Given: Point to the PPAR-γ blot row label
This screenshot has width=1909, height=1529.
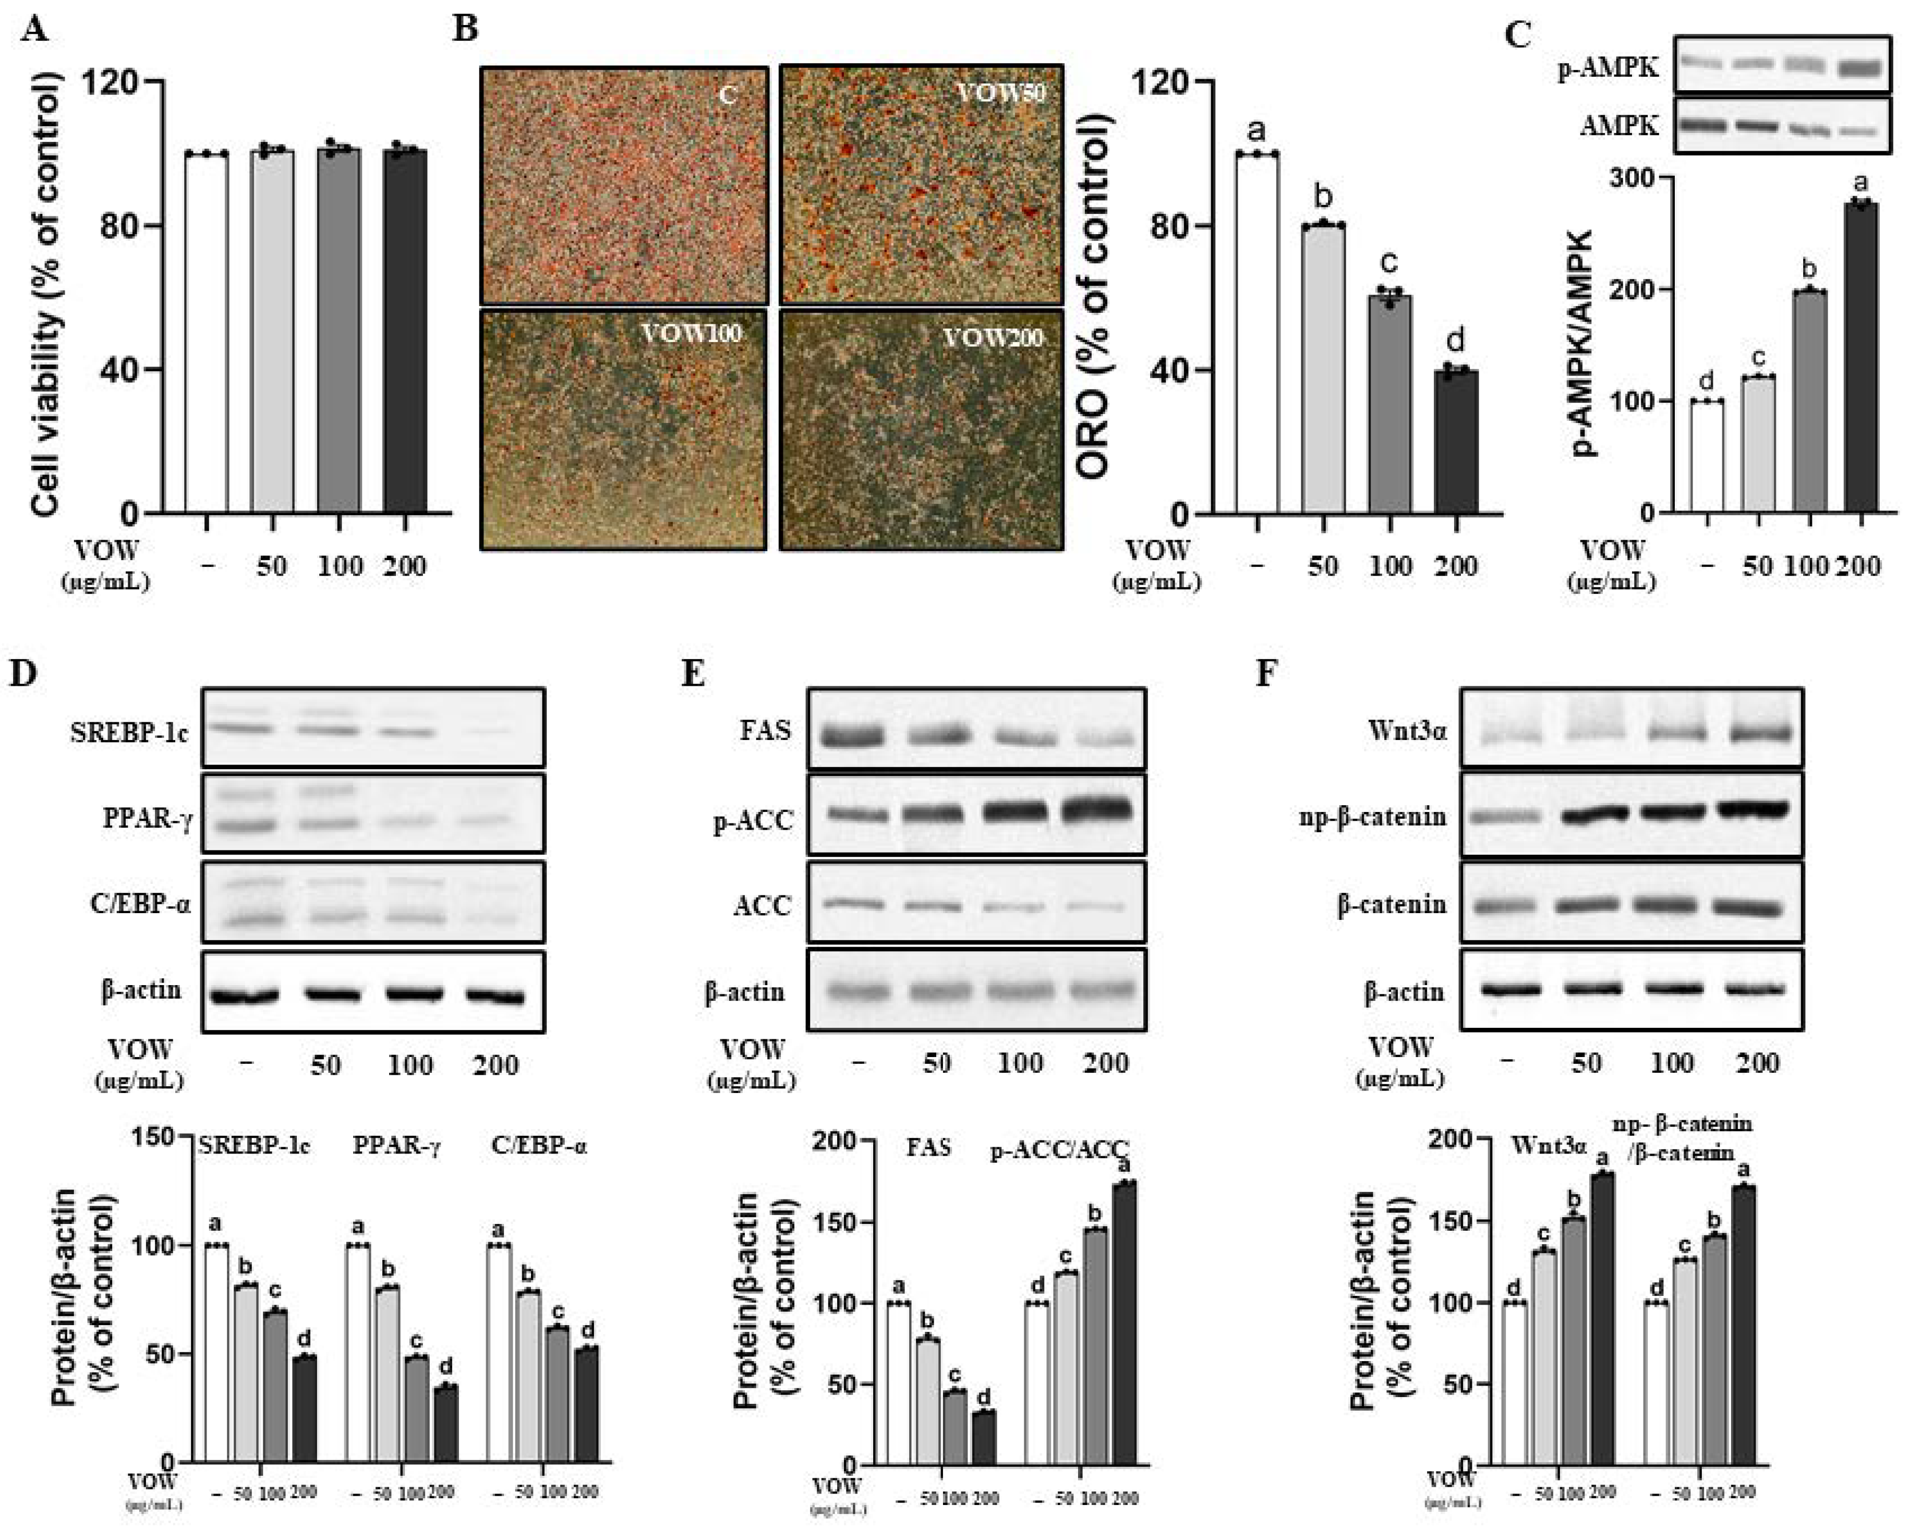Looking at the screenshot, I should point(146,818).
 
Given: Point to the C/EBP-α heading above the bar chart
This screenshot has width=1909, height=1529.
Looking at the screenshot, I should point(538,1147).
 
